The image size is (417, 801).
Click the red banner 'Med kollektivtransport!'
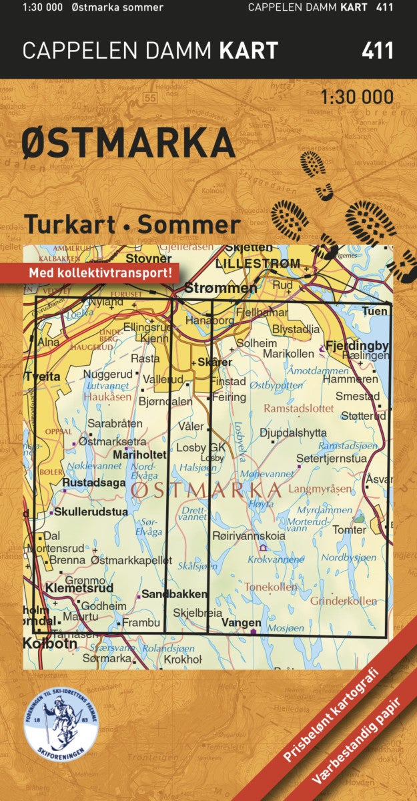[100, 272]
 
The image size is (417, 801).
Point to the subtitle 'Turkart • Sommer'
[132, 224]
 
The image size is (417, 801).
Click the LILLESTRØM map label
[258, 264]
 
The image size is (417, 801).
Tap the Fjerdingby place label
[357, 346]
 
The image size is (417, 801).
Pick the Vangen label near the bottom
[241, 622]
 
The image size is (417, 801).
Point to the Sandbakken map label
[167, 593]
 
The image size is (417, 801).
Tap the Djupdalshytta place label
[293, 433]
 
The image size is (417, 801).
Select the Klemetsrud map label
[79, 588]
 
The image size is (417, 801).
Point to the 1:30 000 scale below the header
[357, 97]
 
